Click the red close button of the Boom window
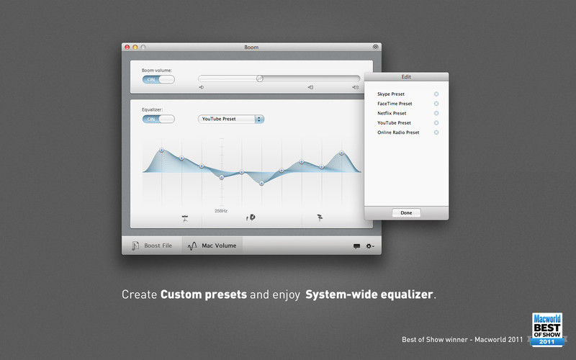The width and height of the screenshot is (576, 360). [x=127, y=47]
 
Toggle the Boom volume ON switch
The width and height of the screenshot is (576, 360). [x=158, y=80]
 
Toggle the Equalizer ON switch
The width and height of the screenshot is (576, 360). [x=158, y=119]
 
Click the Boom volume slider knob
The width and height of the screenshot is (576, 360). [x=260, y=78]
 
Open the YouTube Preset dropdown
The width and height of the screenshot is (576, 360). [x=230, y=119]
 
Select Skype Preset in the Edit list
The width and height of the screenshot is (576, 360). [x=391, y=94]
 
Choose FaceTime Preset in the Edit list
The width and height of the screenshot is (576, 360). [x=395, y=104]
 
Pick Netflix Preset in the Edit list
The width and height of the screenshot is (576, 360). [x=392, y=113]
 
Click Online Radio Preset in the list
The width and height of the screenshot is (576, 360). [x=398, y=132]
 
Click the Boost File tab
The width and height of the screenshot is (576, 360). [x=152, y=246]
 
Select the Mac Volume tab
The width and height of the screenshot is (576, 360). [x=212, y=246]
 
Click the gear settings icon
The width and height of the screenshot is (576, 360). [x=369, y=246]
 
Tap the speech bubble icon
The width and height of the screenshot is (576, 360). [x=356, y=246]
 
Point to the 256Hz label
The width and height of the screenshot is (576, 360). [x=221, y=211]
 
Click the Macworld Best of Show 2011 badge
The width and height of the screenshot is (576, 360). [x=548, y=330]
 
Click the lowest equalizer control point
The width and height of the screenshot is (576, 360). [x=261, y=184]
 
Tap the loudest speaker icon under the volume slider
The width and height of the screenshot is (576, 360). [x=355, y=87]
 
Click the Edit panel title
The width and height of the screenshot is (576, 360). [x=406, y=77]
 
